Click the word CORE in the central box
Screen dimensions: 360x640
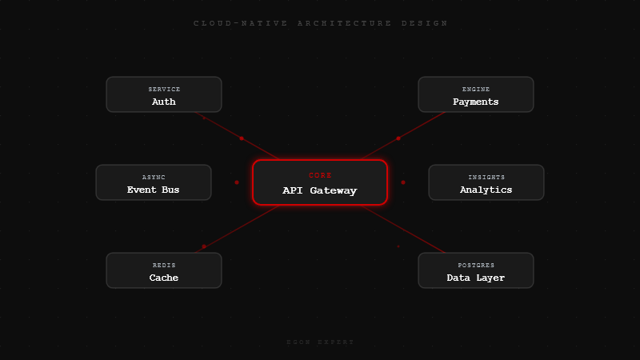pos(320,175)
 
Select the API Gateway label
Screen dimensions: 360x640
pos(320,190)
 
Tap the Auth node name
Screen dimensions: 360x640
pos(164,102)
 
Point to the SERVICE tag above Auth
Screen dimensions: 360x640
pos(164,89)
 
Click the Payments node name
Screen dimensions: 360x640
pos(476,102)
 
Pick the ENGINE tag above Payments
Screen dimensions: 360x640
pos(476,89)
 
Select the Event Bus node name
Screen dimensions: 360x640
pos(154,190)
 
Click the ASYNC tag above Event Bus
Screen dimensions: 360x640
pos(154,177)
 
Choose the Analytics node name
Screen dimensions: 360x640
pos(486,190)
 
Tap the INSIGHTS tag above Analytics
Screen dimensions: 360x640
pos(486,177)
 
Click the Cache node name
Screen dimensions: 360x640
pos(164,278)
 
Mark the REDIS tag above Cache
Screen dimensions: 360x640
pos(164,265)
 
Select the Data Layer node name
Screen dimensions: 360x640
pos(476,278)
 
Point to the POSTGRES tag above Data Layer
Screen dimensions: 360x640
pos(476,265)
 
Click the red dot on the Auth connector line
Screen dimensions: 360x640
pos(242,138)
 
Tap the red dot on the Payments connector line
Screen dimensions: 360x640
pos(398,138)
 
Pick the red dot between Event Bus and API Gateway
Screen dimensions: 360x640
pos(237,182)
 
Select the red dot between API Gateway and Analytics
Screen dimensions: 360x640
pos(403,182)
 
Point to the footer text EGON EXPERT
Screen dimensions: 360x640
pos(320,342)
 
